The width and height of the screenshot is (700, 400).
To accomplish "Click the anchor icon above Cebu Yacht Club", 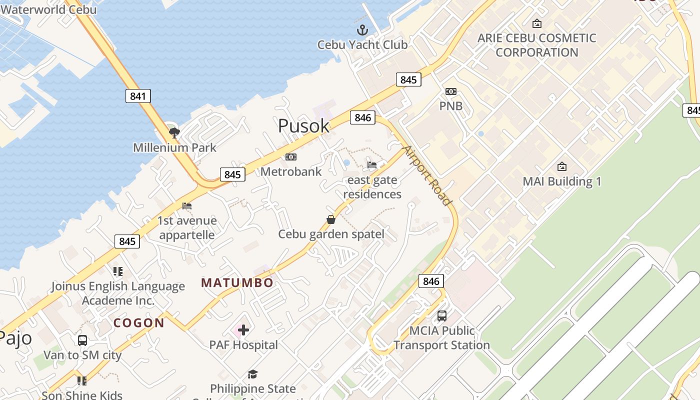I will [x=362, y=30].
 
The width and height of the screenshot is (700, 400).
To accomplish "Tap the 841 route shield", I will [x=138, y=96].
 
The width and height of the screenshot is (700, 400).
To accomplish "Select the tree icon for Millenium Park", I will [x=174, y=132].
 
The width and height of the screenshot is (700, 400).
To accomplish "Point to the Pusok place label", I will [x=303, y=126].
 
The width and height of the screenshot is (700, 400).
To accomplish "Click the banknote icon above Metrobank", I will [x=290, y=157].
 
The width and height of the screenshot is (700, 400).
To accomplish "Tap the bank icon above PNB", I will [x=451, y=91].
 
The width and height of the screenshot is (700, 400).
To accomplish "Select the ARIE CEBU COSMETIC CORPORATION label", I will [x=536, y=45].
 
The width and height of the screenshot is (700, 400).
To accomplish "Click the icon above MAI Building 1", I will [x=561, y=166].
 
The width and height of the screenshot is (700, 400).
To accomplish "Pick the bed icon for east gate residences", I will [x=372, y=165].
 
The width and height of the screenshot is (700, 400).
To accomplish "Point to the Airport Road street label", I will [x=428, y=175].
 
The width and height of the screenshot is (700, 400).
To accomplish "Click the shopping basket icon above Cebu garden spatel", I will [x=331, y=219].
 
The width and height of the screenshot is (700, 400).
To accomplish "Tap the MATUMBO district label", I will [x=237, y=282].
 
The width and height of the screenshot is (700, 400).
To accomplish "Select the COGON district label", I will [x=139, y=323].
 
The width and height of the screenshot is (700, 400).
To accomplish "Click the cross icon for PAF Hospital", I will [x=243, y=330].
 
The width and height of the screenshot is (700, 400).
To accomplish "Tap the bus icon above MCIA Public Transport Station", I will [x=441, y=316].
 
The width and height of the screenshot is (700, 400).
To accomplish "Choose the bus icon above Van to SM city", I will [x=82, y=340].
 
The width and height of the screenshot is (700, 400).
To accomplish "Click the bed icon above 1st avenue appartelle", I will [x=187, y=206].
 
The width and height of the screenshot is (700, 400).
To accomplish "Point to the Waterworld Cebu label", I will [x=48, y=9].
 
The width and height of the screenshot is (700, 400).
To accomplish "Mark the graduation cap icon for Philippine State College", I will [x=252, y=374].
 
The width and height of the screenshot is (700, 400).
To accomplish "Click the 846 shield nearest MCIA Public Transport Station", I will [x=431, y=281].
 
